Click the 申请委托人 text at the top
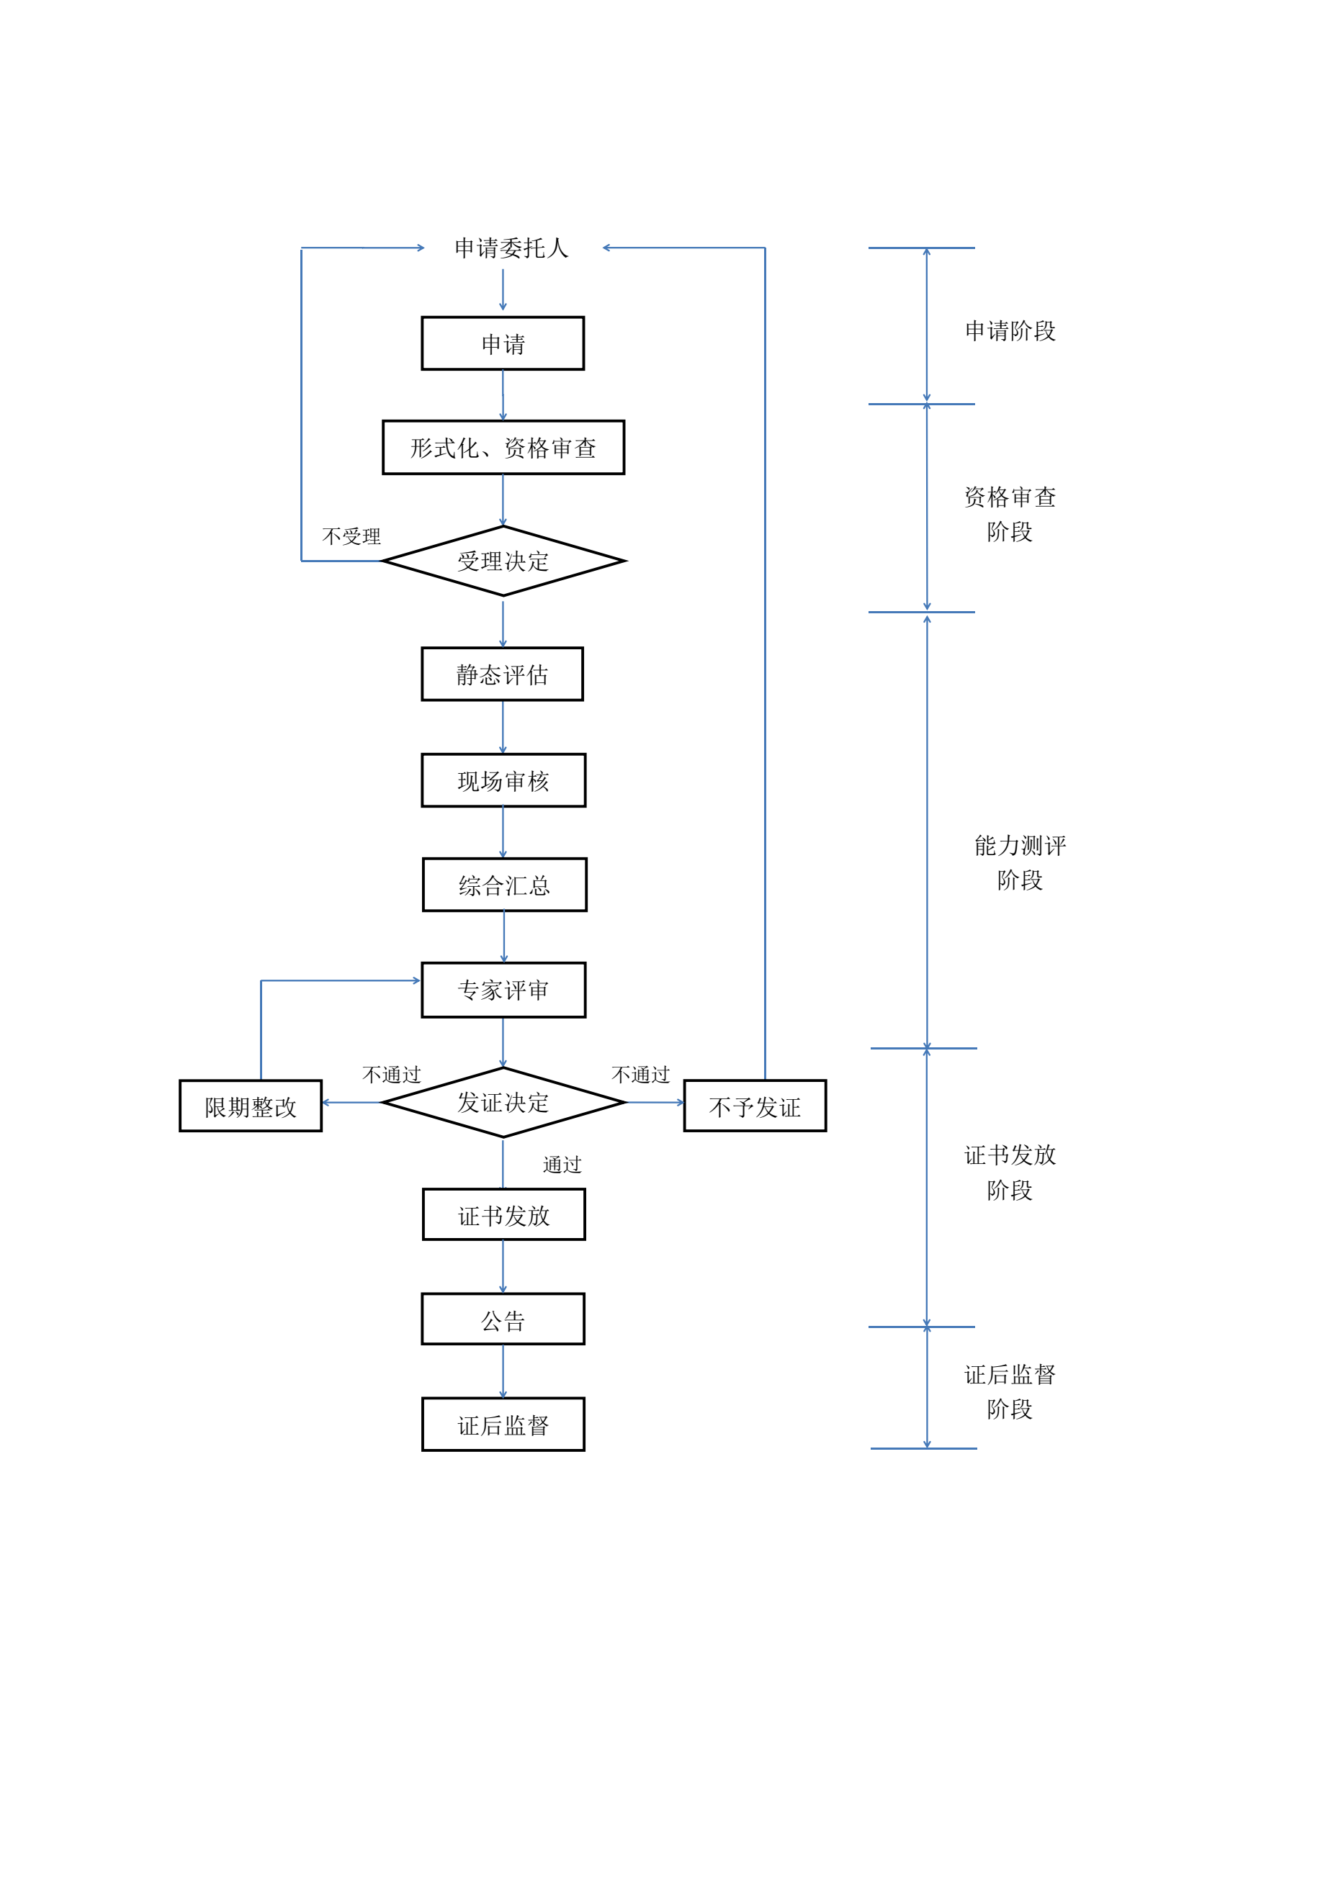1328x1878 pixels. [x=511, y=248]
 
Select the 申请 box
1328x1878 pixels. [x=503, y=343]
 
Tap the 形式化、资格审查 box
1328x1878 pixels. [x=503, y=448]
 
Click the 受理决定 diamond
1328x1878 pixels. [x=503, y=561]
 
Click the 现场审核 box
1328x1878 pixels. [x=503, y=780]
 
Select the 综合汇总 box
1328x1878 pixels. [x=504, y=885]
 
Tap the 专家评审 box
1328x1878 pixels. [x=503, y=990]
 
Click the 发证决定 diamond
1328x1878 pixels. [x=503, y=1103]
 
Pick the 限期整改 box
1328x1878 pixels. [x=251, y=1106]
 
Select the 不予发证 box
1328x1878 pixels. [x=755, y=1106]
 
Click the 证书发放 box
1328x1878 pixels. [x=503, y=1216]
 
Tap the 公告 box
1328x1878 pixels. [x=503, y=1320]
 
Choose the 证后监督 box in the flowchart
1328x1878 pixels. [x=503, y=1426]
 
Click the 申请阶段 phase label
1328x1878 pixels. [x=1010, y=331]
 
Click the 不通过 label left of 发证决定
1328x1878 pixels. [x=391, y=1075]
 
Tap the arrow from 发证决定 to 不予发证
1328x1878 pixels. [x=655, y=1103]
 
